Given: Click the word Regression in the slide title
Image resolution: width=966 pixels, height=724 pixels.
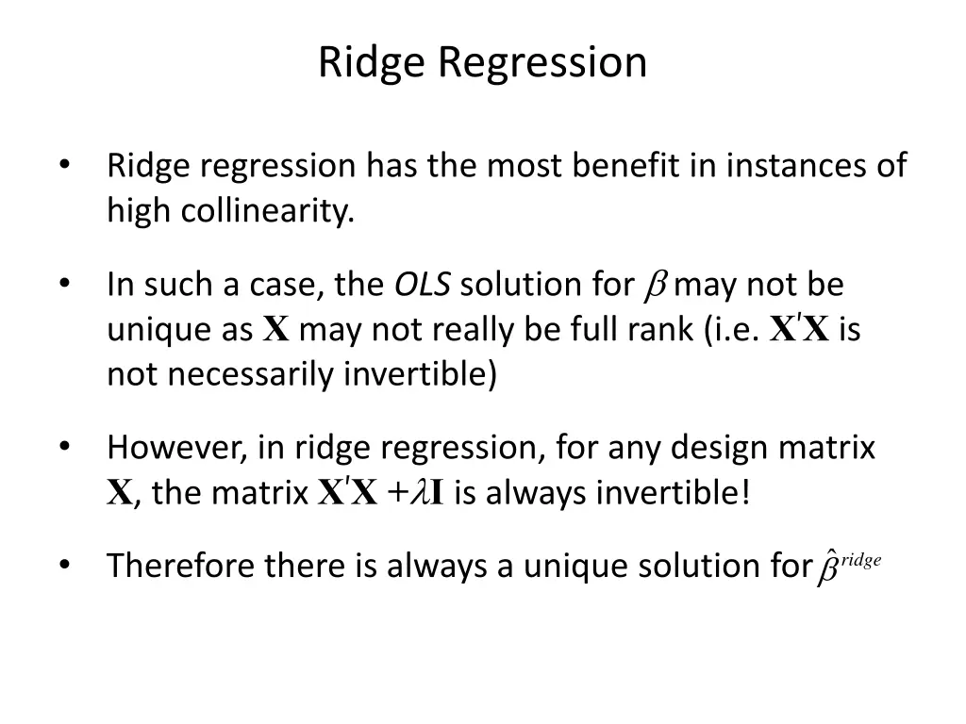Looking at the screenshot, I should click(542, 63).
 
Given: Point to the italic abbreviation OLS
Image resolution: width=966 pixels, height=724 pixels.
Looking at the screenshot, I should click(422, 284).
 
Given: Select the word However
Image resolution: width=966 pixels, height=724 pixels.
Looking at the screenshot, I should click(176, 446).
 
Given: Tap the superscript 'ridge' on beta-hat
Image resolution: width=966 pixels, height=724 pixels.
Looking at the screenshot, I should click(860, 560).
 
